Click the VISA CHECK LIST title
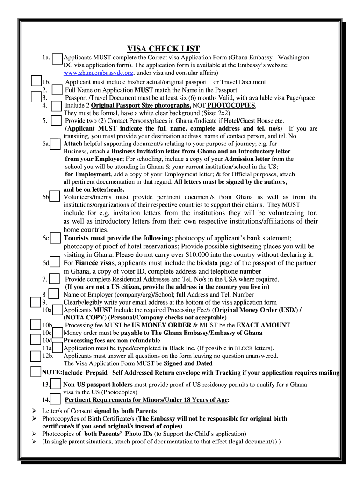163,49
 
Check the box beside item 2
57,90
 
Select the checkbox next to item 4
56,106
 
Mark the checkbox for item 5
56,121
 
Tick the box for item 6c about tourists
56,238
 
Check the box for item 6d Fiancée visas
56,263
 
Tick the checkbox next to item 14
56,400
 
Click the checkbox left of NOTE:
35,372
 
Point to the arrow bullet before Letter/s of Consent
34,411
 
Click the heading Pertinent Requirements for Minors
146,400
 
